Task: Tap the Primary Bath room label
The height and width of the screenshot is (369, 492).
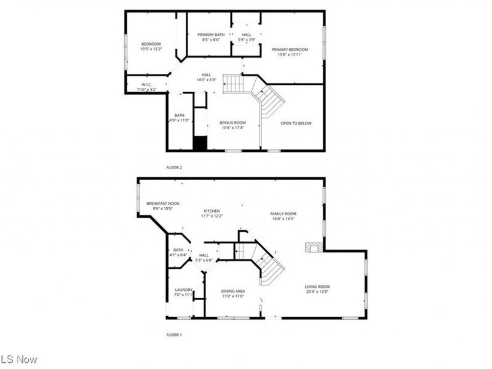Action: (x=211, y=34)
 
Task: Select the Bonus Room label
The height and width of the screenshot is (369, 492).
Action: (x=232, y=122)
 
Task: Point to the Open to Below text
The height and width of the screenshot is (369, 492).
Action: (x=296, y=123)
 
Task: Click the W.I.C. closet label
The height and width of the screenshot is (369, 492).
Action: (x=146, y=84)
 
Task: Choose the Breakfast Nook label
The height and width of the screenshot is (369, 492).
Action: (x=162, y=203)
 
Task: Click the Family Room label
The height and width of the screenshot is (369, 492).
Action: (x=283, y=213)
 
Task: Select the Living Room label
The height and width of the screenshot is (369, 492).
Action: (x=317, y=286)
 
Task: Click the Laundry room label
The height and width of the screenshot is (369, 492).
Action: (x=184, y=290)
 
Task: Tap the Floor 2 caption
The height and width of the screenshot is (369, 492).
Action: (x=174, y=167)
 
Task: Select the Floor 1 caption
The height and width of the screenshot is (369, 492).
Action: (x=174, y=335)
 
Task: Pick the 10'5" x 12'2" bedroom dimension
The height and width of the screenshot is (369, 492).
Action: (x=151, y=49)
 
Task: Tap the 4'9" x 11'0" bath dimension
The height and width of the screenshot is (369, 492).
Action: (x=180, y=120)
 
